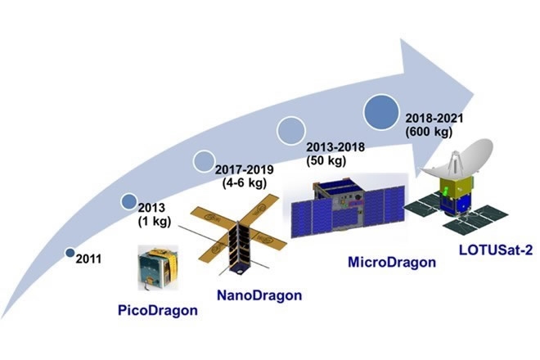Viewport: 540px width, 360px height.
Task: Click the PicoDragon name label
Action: [x=158, y=311]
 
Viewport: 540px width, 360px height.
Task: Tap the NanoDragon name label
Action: [x=259, y=295]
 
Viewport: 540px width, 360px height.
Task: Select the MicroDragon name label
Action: [x=392, y=262]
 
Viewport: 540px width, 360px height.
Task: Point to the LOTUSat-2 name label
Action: [x=496, y=250]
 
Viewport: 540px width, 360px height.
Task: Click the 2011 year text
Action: [x=88, y=259]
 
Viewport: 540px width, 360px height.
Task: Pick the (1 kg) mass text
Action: [x=155, y=222]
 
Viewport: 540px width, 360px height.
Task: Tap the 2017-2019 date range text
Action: [x=244, y=170]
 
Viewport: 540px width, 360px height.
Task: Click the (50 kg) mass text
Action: [x=326, y=160]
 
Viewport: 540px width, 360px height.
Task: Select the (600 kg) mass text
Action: [x=429, y=132]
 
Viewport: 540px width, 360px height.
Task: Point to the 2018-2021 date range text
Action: [x=434, y=119]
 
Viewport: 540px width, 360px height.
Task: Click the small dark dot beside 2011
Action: [x=70, y=253]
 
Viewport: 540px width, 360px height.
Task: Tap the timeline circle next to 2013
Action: [x=129, y=201]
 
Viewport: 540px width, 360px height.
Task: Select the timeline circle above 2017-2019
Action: [x=205, y=161]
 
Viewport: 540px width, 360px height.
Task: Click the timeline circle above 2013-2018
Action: [x=291, y=131]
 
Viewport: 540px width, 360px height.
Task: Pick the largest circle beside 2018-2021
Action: [x=381, y=112]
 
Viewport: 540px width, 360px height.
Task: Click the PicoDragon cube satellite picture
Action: [x=158, y=268]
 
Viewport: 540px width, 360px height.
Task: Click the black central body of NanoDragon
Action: [x=239, y=247]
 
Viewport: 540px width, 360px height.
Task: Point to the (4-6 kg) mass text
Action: [x=244, y=183]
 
